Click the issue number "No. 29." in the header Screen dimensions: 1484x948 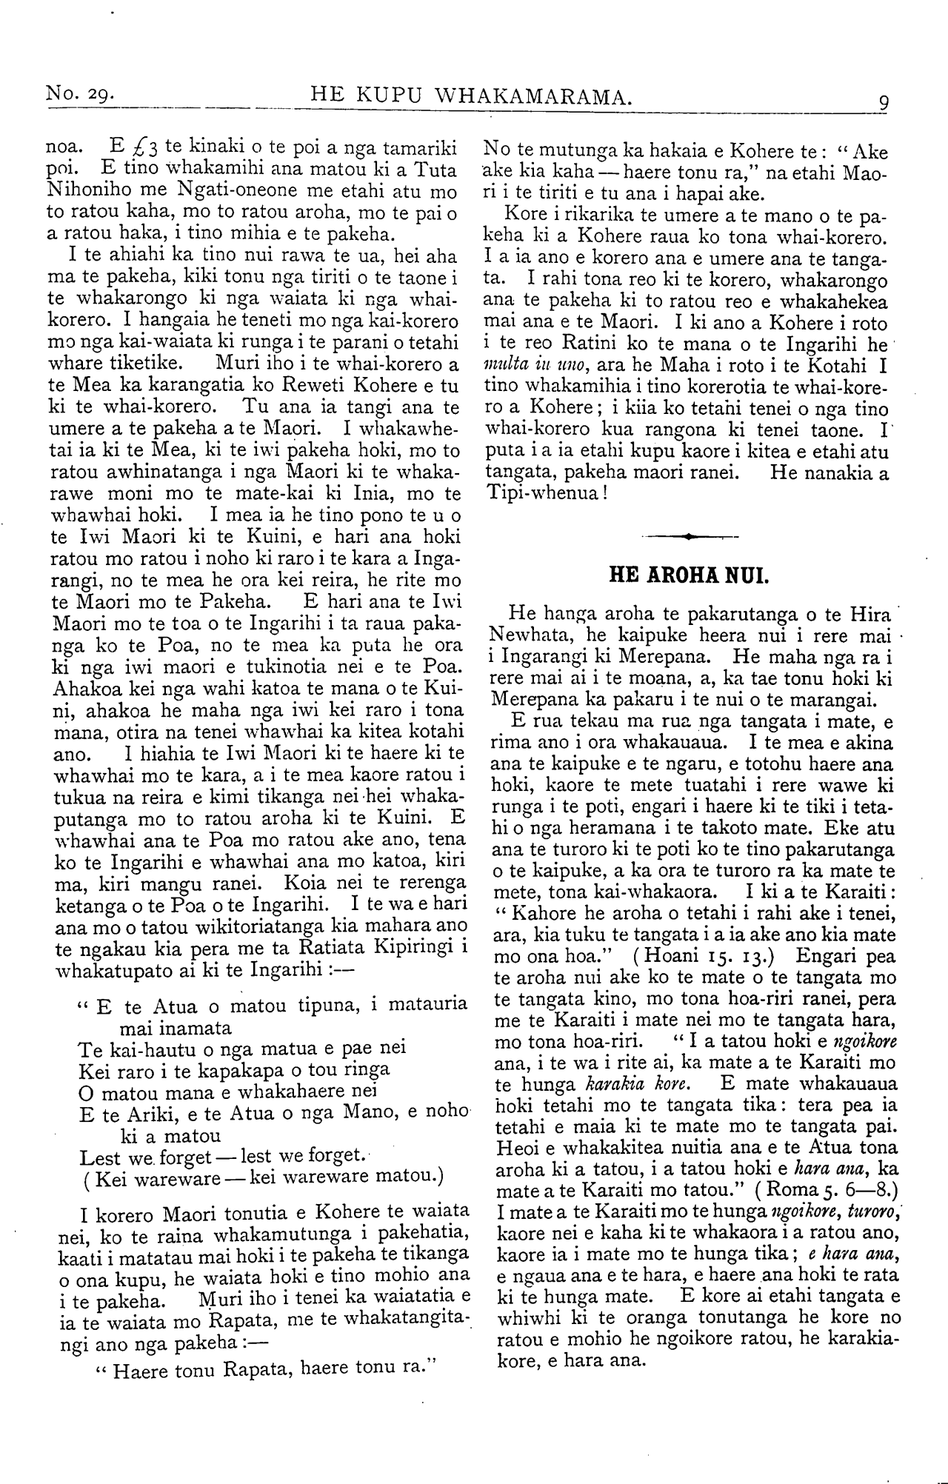[79, 94]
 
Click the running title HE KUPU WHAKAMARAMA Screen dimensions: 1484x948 [472, 95]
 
